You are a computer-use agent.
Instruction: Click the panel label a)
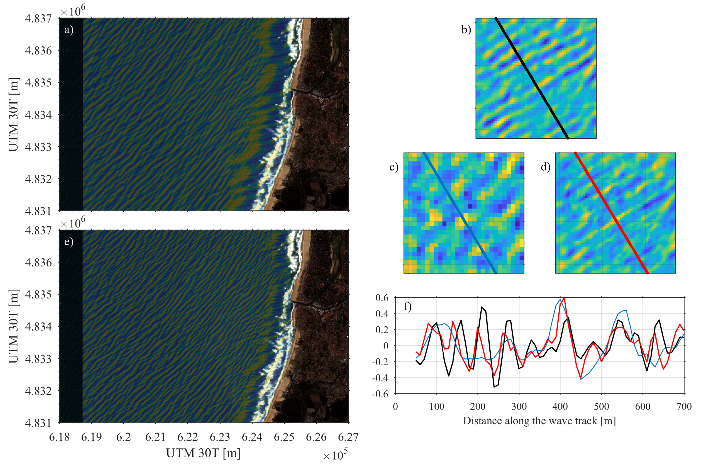(x=69, y=30)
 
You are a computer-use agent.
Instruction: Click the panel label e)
(x=69, y=242)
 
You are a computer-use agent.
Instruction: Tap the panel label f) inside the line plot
(x=407, y=306)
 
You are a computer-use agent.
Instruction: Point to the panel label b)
(x=466, y=30)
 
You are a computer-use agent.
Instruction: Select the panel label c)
(x=394, y=167)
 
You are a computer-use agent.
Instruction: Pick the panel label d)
(x=545, y=167)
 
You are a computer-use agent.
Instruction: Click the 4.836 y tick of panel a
(x=38, y=51)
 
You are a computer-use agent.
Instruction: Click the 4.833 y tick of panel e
(x=38, y=359)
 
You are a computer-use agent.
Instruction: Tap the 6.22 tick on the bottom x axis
(x=188, y=437)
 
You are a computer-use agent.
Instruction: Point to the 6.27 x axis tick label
(x=348, y=437)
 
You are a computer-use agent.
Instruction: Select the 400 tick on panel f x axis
(x=560, y=406)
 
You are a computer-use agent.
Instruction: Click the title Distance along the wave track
(x=539, y=421)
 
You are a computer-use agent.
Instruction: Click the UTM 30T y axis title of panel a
(x=14, y=114)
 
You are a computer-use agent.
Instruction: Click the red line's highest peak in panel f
(x=564, y=298)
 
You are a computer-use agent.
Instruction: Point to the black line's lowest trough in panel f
(x=494, y=387)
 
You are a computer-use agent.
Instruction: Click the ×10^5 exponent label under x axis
(x=335, y=455)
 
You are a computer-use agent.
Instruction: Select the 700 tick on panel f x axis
(x=684, y=406)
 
